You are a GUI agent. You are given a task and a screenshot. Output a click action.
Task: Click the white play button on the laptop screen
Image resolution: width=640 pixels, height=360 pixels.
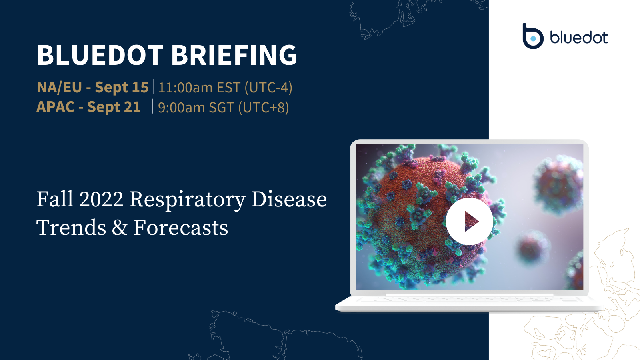(x=469, y=221)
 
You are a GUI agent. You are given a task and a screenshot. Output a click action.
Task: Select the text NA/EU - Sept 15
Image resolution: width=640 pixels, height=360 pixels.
(x=92, y=87)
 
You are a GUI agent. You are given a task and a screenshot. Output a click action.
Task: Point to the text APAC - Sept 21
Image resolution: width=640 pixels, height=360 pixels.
(x=88, y=107)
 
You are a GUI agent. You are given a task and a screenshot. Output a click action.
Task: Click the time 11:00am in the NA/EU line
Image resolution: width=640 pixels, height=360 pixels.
(x=185, y=88)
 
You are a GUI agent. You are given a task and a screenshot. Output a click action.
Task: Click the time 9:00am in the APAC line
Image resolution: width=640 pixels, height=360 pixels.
(x=181, y=108)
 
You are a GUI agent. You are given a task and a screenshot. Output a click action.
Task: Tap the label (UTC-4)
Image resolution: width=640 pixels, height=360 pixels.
(x=268, y=88)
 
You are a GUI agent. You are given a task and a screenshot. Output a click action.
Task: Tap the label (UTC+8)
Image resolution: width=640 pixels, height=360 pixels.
(x=263, y=108)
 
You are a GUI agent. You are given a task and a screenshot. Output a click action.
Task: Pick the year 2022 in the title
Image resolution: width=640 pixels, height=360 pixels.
(x=101, y=199)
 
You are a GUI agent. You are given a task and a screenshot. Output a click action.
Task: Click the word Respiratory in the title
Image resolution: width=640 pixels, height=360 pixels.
(x=187, y=199)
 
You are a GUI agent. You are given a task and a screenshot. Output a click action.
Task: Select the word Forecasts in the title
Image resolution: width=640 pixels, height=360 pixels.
(x=181, y=228)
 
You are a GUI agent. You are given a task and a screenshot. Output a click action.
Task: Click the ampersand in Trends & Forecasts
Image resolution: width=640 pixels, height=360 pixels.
(x=120, y=228)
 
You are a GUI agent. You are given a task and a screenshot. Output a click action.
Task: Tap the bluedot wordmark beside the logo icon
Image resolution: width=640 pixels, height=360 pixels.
(x=579, y=38)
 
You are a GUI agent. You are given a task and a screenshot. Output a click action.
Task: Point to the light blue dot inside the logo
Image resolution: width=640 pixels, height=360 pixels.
(x=533, y=39)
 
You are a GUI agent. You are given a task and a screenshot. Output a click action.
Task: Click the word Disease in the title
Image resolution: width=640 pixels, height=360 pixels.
(x=289, y=199)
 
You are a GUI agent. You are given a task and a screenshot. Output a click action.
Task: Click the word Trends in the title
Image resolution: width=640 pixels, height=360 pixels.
(x=71, y=228)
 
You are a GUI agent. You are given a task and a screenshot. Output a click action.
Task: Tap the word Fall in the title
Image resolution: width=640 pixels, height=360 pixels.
(x=55, y=199)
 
